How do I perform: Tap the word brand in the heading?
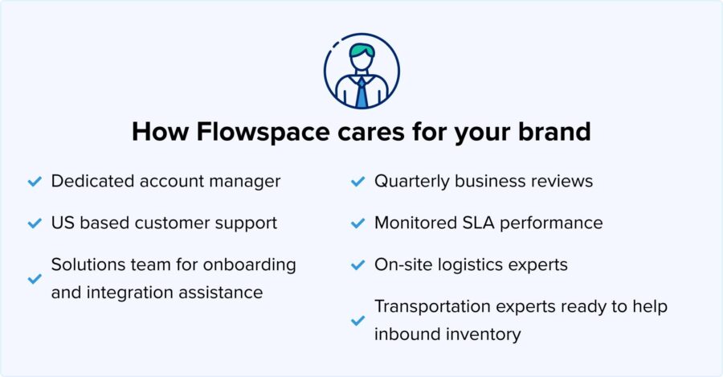coord(553,132)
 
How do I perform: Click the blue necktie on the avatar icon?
coord(361,93)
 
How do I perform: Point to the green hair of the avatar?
coord(361,51)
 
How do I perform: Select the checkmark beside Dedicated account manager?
coord(34,182)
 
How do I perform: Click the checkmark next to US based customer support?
coord(34,223)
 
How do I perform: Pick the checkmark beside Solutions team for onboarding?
coord(34,278)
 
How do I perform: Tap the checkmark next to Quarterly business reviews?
coord(357,182)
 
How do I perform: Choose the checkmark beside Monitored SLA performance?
coord(357,223)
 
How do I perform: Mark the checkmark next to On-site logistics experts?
coord(357,264)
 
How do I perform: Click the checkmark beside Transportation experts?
coord(357,320)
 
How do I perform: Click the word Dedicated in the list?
coord(89,181)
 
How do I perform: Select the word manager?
coord(244,181)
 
